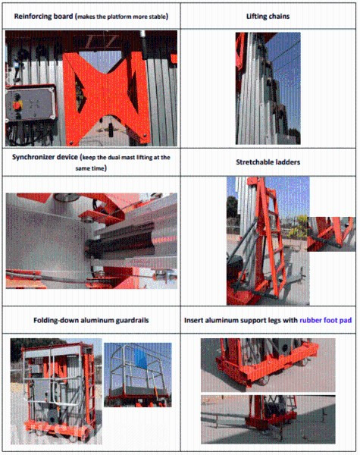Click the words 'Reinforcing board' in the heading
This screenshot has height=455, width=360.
(x=43, y=16)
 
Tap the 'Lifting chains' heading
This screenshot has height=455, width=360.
(x=268, y=16)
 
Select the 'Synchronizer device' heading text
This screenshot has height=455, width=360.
(x=45, y=157)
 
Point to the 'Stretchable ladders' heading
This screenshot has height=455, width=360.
(x=268, y=162)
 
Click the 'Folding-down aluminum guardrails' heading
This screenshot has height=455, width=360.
(x=91, y=320)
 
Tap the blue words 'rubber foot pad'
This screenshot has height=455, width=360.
(x=325, y=320)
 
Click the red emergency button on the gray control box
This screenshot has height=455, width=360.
(x=17, y=105)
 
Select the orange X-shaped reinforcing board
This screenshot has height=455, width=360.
(x=107, y=98)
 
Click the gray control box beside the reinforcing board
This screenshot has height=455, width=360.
(x=30, y=103)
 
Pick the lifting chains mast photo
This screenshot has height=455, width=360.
(x=268, y=88)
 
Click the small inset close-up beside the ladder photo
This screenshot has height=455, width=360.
(x=331, y=234)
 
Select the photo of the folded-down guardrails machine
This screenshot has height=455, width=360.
(x=56, y=391)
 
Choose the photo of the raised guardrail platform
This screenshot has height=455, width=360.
(x=137, y=375)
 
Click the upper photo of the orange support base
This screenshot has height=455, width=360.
(x=268, y=365)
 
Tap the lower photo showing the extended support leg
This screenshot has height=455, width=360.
(x=268, y=419)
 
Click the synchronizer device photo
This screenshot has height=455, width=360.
(x=92, y=241)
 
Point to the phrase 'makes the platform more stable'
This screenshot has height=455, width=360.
(x=122, y=17)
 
